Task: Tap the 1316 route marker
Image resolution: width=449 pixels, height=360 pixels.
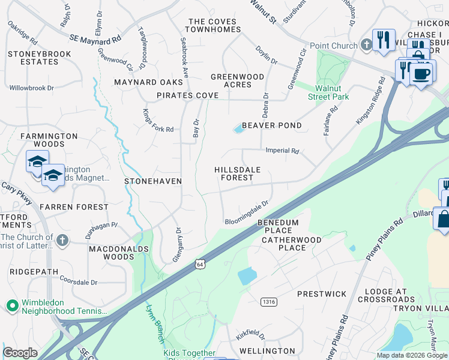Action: coord(268,301)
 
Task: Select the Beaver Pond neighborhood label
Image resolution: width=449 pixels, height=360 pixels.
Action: coord(271,125)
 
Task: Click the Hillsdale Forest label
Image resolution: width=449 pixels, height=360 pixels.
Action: coord(238,173)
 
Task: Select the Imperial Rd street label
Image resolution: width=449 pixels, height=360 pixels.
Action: coord(282,151)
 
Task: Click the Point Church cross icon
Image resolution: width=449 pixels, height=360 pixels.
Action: coord(366,46)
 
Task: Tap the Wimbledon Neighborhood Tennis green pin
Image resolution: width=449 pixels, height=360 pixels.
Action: coord(11,306)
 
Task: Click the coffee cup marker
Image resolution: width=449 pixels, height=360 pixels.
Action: coord(421,74)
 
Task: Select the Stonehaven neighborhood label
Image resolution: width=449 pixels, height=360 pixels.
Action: coord(152,181)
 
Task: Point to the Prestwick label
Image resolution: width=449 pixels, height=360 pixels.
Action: coord(322,294)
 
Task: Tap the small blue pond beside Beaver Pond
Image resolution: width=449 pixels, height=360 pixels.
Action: coord(239,128)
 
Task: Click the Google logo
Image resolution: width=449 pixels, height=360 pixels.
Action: coord(20,353)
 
